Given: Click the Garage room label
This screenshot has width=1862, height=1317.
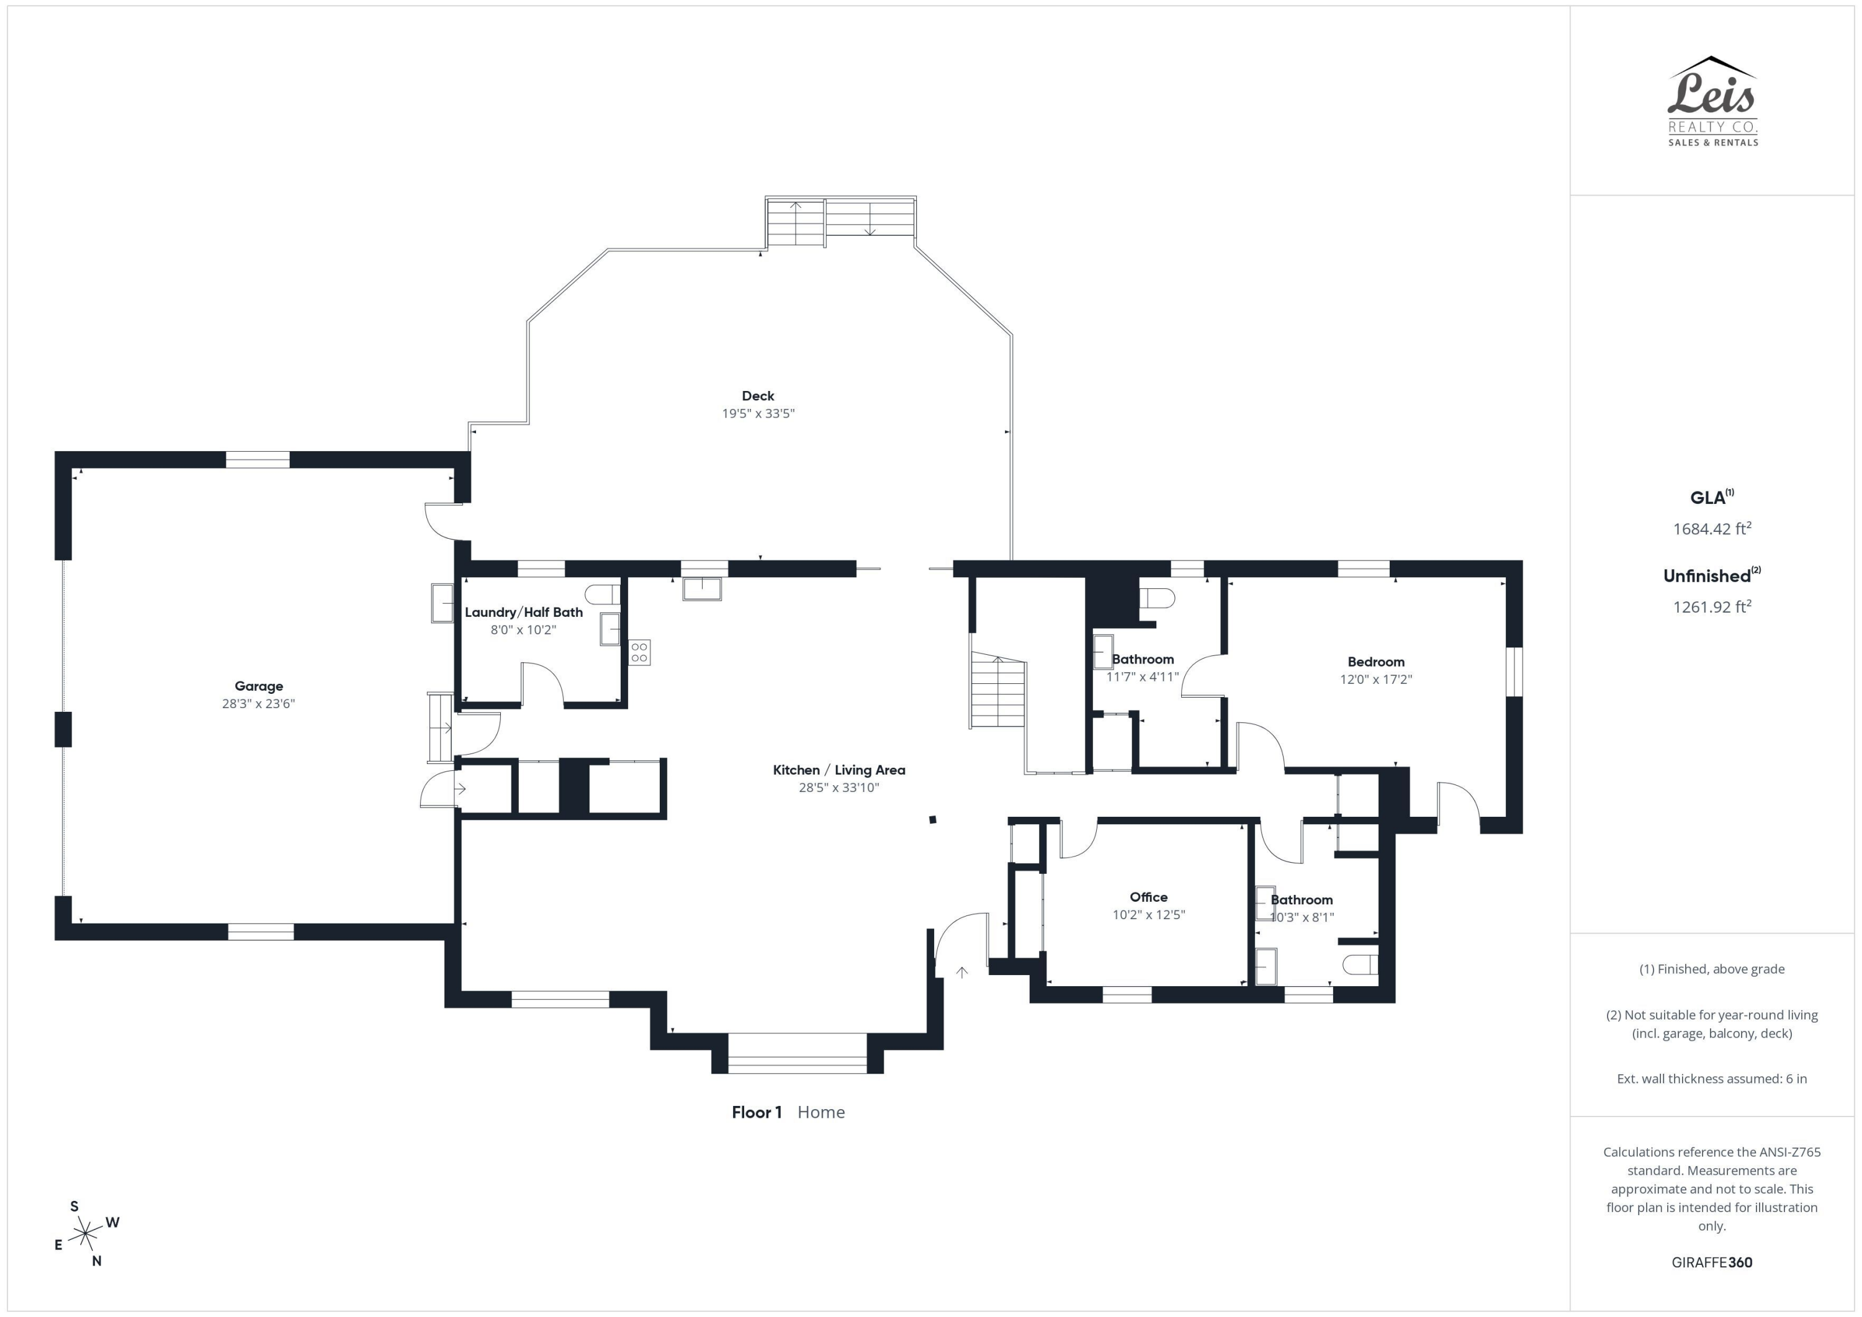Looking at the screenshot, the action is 259,686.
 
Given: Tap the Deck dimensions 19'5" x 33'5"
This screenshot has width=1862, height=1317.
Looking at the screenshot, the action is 758,413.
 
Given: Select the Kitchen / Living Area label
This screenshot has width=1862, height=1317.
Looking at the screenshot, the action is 839,770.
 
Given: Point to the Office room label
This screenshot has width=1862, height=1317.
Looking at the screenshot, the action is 1148,897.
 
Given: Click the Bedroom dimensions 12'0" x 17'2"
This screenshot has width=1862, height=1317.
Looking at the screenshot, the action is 1375,680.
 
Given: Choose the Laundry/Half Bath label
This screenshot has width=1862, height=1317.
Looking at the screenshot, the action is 524,613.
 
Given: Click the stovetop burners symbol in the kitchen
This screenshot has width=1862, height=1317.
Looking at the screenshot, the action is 639,652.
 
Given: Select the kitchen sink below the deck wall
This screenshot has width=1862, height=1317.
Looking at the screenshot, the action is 701,588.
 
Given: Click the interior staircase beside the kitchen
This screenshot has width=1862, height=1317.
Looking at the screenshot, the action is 998,690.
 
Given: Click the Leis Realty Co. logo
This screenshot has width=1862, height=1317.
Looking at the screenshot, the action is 1712,101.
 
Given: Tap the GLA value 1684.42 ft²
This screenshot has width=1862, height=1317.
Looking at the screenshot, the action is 1712,529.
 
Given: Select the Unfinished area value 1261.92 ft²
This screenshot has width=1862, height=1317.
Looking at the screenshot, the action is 1712,606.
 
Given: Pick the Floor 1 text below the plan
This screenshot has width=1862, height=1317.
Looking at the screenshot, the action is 757,1112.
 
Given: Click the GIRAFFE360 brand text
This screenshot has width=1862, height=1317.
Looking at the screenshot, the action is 1712,1262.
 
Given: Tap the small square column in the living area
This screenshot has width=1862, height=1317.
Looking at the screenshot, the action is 933,820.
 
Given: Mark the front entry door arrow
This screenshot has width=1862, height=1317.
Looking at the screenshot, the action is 962,973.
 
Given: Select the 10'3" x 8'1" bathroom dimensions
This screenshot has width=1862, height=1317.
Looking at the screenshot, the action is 1302,917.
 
